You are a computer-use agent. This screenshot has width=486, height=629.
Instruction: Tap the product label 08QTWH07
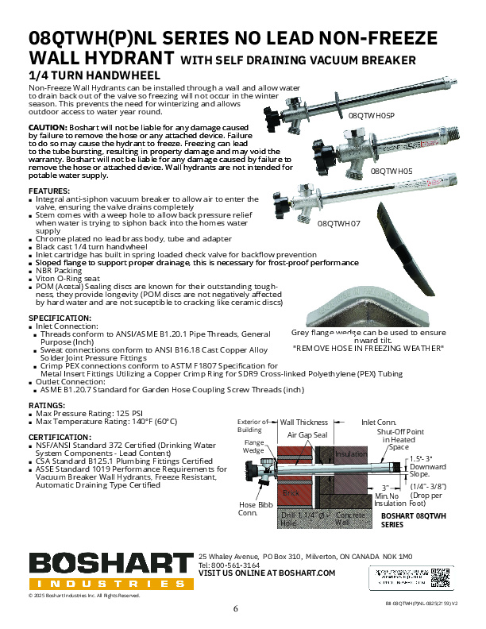coord(338,224)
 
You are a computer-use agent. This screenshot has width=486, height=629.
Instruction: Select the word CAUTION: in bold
coord(48,128)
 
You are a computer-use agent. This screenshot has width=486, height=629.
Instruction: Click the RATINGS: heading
coord(47,405)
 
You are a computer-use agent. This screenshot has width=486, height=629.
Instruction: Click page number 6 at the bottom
coord(236,609)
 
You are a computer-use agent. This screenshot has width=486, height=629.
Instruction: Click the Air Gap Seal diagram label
coord(308,435)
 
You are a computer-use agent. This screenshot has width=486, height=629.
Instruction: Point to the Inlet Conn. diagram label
coord(380,423)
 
